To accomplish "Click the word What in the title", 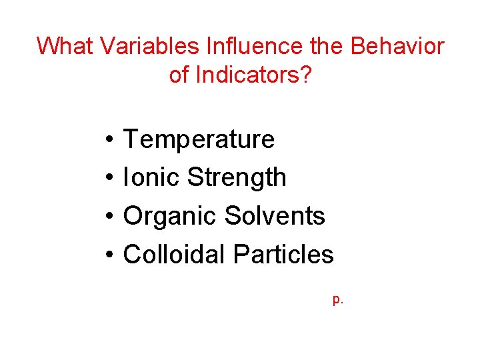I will tap(65, 47).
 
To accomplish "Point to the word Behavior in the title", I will tap(397, 47).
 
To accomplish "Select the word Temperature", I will tap(199, 140).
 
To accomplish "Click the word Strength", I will tap(237, 178).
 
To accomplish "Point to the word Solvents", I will tap(275, 216).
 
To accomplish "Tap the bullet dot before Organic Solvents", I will tap(107, 217).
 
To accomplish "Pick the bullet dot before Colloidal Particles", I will tap(107, 255).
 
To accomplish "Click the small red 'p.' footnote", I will tap(338, 300).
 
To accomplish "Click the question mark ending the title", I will tap(305, 75).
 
